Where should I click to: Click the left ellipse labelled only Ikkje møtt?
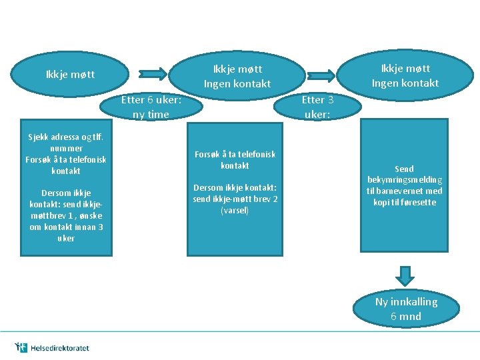point(70,75)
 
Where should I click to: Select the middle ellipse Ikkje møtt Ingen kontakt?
point(237,76)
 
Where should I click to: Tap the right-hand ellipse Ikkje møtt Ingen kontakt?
point(405,75)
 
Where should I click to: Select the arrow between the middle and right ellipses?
point(321,73)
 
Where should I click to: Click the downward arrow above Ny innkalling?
point(405,275)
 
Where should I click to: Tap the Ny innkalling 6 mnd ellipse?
point(406,309)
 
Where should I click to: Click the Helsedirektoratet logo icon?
point(21,347)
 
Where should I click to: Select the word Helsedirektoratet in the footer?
point(59,348)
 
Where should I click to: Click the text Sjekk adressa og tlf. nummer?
point(65,143)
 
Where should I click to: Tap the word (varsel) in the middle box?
point(235,211)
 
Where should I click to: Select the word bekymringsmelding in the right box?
point(405,180)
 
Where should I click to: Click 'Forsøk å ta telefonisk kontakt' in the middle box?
point(235,159)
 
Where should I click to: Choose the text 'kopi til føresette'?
point(405,202)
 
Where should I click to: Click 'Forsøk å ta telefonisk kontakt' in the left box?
point(66,165)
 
